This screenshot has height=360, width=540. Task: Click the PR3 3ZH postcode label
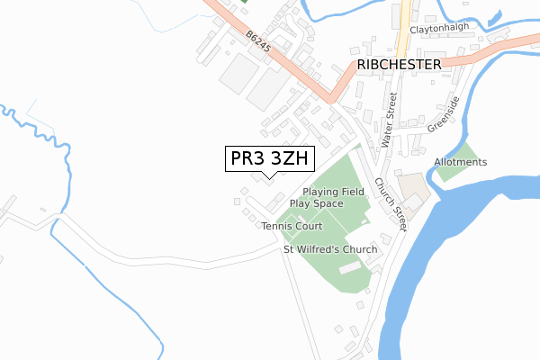coord(269,159)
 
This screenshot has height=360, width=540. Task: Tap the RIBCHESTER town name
coord(399,65)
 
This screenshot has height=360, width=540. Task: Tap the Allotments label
coord(460,162)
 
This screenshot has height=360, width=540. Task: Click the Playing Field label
coord(333,192)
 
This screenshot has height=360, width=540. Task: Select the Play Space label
coord(316,204)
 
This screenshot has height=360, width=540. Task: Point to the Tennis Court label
coord(292,226)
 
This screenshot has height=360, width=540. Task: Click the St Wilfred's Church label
coord(329,249)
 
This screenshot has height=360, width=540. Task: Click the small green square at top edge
coord(244,1)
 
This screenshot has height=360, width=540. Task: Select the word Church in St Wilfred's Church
coord(357,249)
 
